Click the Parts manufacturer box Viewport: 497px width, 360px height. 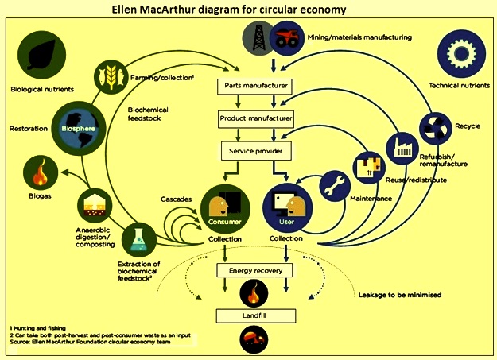[x=254, y=87]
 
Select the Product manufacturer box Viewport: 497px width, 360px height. [x=255, y=119]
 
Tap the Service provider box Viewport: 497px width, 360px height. [x=256, y=151]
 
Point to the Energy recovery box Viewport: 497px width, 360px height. [x=254, y=271]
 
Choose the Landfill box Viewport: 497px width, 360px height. [x=256, y=315]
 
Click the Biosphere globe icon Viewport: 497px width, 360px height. [x=78, y=129]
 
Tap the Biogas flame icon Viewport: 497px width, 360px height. [x=41, y=173]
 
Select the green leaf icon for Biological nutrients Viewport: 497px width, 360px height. [x=42, y=55]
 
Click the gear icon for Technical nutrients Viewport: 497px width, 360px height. [x=461, y=54]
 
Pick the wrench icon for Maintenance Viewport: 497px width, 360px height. [x=335, y=186]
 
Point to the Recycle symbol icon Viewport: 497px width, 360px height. [x=435, y=129]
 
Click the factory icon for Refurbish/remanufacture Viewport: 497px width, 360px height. [x=402, y=148]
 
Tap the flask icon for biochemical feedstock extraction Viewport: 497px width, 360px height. [x=139, y=239]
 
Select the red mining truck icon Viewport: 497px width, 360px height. [x=287, y=38]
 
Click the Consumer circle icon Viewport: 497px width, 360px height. [x=225, y=208]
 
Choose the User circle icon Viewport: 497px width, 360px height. [x=288, y=207]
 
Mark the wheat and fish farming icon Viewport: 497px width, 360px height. [x=111, y=76]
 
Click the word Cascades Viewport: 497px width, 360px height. [x=176, y=199]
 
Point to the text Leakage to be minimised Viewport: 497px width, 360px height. [x=400, y=295]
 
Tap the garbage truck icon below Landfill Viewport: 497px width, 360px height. [x=254, y=340]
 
